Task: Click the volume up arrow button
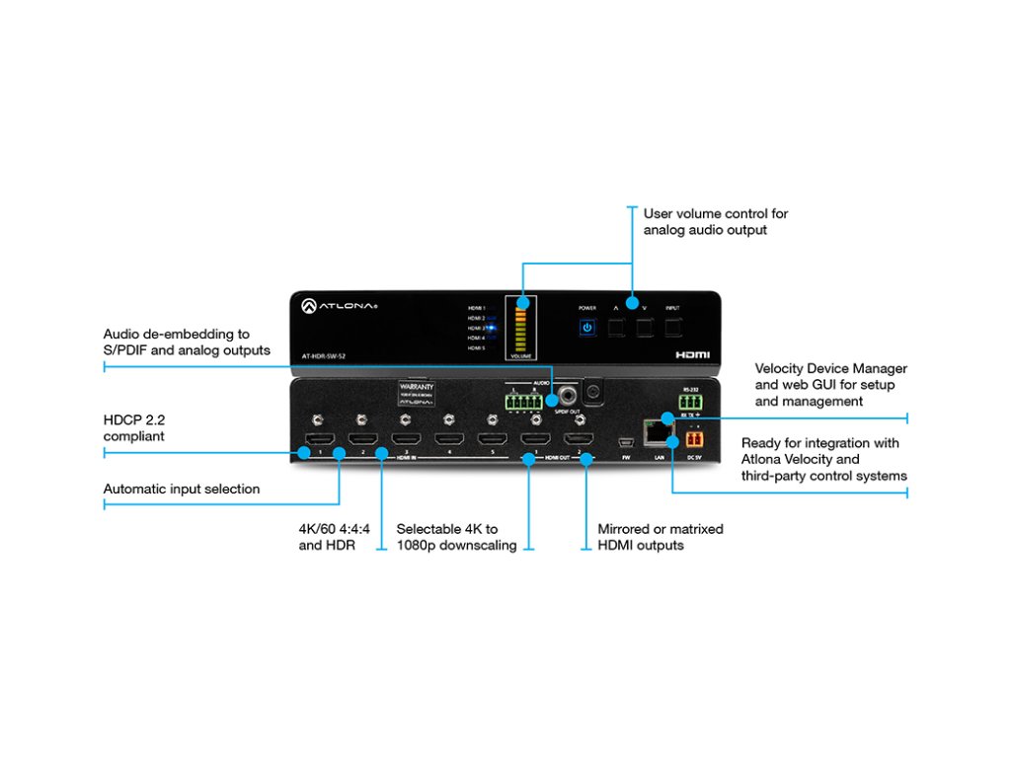point(616,328)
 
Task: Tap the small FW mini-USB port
point(624,440)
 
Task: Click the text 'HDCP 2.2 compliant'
point(134,427)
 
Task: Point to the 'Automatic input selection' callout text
point(182,489)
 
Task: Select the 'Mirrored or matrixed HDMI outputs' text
point(661,537)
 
